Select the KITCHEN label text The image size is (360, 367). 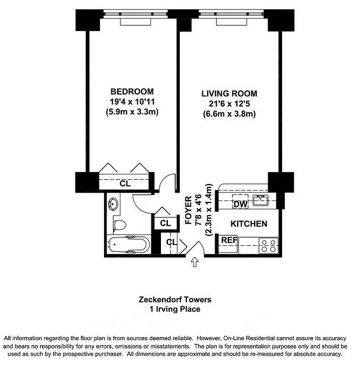coord(249,224)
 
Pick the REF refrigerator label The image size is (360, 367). coord(228,240)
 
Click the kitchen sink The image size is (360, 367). coord(261,200)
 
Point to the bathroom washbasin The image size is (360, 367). coord(113,202)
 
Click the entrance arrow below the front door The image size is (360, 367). coord(194,262)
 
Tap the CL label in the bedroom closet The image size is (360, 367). coord(125,184)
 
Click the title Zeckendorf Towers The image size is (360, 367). coord(175,300)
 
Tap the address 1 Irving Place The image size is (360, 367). coord(175,309)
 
